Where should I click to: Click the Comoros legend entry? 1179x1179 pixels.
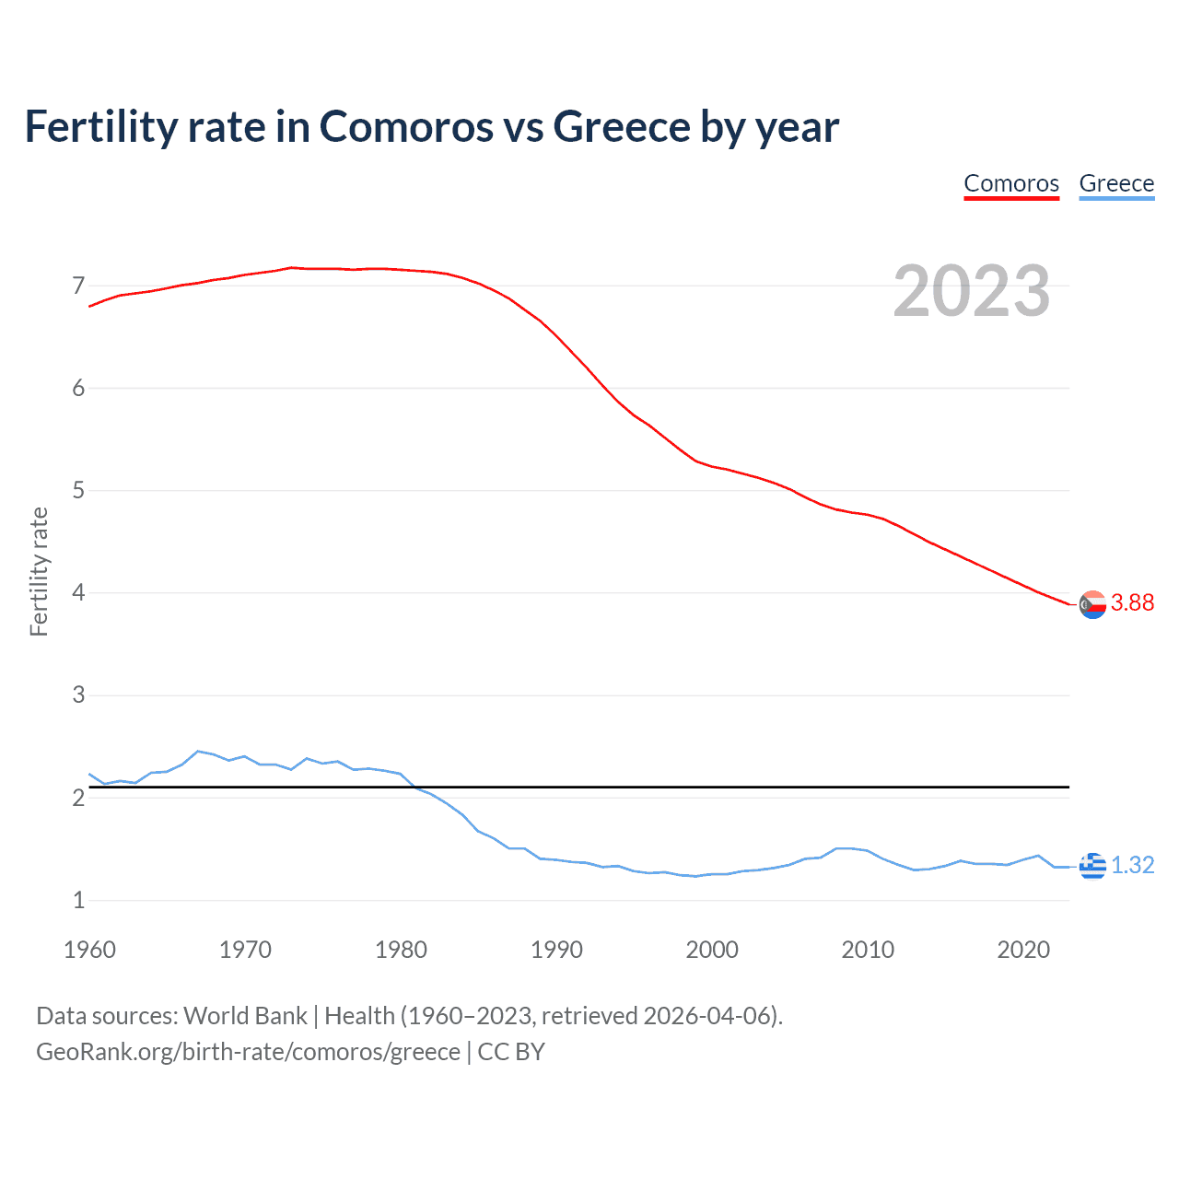pyautogui.click(x=1011, y=183)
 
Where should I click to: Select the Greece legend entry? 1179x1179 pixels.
pyautogui.click(x=1116, y=183)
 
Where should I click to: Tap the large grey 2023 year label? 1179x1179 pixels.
pyautogui.click(x=972, y=291)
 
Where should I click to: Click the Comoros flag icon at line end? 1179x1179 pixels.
pyautogui.click(x=1092, y=604)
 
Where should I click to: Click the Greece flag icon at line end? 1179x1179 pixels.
pyautogui.click(x=1092, y=866)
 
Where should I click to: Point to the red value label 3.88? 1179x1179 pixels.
pyautogui.click(x=1132, y=602)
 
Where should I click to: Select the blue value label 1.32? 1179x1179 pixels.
pyautogui.click(x=1132, y=865)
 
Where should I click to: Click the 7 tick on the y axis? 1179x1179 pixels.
pyautogui.click(x=78, y=286)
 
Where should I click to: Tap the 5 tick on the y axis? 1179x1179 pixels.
pyautogui.click(x=78, y=490)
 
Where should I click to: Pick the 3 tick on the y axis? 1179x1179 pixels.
pyautogui.click(x=78, y=695)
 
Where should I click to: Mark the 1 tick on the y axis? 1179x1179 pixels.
pyautogui.click(x=78, y=900)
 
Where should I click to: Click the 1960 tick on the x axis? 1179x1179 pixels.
pyautogui.click(x=89, y=950)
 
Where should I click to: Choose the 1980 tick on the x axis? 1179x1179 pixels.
pyautogui.click(x=401, y=950)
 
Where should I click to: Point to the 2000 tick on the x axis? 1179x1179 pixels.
pyautogui.click(x=712, y=950)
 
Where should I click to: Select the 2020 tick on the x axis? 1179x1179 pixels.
pyautogui.click(x=1023, y=950)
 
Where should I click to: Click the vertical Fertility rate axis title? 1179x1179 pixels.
pyautogui.click(x=39, y=571)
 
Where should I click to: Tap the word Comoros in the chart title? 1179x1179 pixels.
pyautogui.click(x=406, y=126)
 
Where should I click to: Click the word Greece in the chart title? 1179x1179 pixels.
pyautogui.click(x=622, y=126)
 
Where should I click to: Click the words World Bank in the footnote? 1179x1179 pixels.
pyautogui.click(x=245, y=1016)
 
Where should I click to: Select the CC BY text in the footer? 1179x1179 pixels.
pyautogui.click(x=511, y=1052)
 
